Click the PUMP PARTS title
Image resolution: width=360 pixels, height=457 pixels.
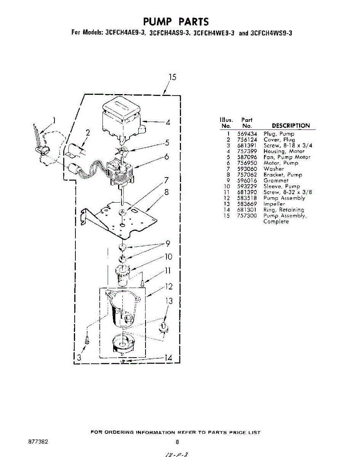pos(176,21)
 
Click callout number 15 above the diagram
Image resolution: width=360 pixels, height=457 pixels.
pos(173,77)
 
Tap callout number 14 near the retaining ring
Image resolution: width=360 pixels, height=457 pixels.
pos(168,358)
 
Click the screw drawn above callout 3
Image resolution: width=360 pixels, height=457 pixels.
pos(88,338)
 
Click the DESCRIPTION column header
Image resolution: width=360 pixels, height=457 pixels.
pos(291,126)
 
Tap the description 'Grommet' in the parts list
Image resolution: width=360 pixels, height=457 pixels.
pos(276,181)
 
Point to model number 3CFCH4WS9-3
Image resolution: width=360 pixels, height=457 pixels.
pos(271,33)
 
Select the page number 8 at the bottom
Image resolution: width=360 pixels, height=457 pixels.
pos(177,442)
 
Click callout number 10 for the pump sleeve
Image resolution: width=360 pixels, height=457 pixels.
pos(168,257)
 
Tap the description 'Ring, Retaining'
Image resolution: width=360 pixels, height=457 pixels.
pos(284,210)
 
